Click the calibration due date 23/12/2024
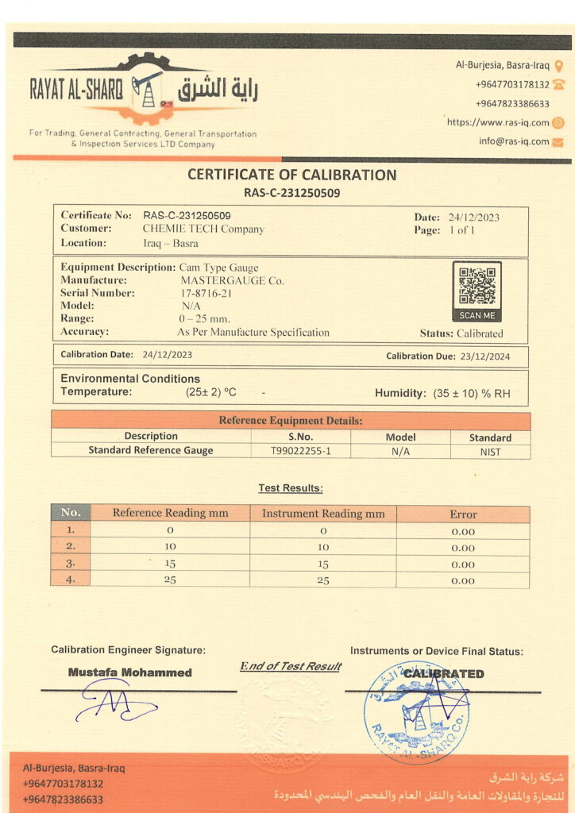484,356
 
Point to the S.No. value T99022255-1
300,451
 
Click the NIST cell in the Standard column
490,452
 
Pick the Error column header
462,514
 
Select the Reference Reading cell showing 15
170,564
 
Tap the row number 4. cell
71,580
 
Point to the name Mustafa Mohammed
130,672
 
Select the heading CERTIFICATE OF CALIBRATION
291,175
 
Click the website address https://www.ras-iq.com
498,122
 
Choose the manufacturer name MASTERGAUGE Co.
233,280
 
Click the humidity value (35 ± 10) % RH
472,392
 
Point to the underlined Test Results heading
291,488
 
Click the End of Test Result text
291,666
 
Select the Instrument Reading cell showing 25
323,580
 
